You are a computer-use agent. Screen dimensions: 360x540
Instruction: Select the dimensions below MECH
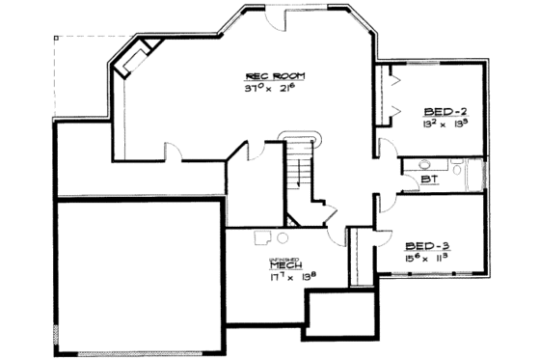point(283,278)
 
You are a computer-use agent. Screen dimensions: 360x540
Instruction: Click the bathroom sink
point(425,165)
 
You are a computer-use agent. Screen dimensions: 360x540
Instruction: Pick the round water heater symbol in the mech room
point(282,236)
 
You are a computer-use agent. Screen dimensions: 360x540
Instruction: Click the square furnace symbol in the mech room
point(260,235)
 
